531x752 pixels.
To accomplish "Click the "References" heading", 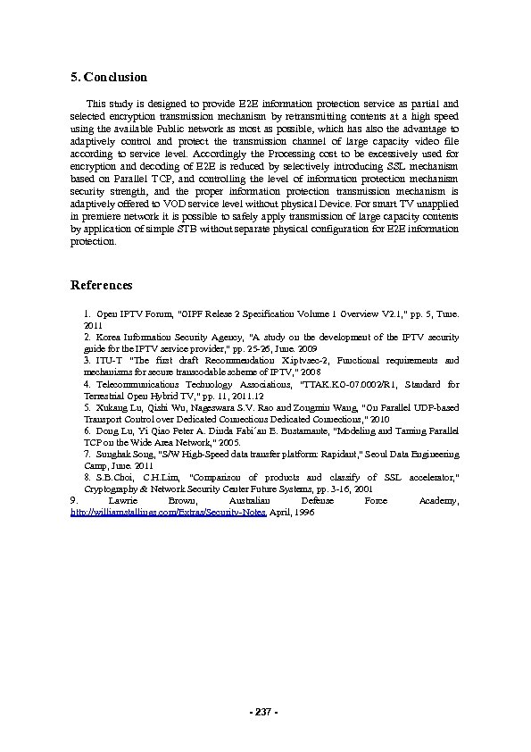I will pyautogui.click(x=101, y=286).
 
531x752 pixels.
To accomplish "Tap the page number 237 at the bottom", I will pyautogui.click(x=264, y=712).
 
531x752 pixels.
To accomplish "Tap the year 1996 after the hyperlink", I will pyautogui.click(x=302, y=516).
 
